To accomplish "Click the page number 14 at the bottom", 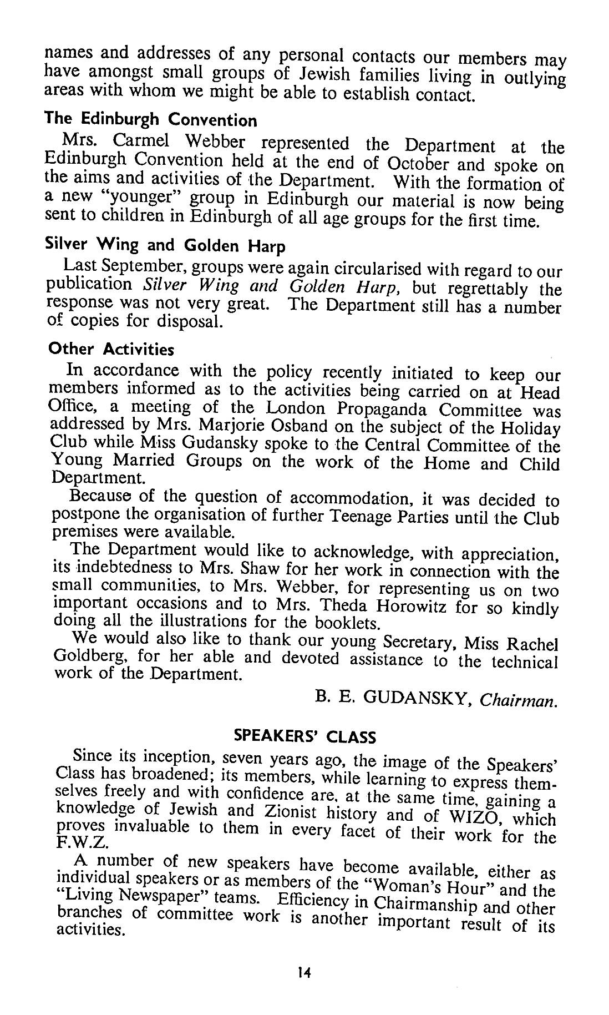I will [x=304, y=987].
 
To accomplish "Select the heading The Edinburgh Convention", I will [x=151, y=119].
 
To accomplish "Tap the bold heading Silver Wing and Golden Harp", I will [x=165, y=245].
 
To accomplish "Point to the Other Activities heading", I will [x=111, y=349].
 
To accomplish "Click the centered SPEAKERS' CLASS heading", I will [x=304, y=736].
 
